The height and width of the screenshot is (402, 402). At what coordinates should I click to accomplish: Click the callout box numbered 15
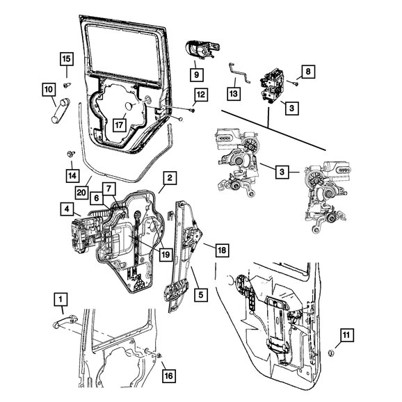[67, 59]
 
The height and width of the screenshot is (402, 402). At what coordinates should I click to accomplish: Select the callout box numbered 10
[49, 90]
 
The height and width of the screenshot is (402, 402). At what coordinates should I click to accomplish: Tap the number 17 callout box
[119, 125]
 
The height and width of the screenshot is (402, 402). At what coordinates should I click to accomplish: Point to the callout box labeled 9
[197, 75]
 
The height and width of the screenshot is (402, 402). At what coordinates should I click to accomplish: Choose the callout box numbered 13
[234, 94]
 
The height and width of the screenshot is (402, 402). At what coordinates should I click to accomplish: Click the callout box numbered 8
[308, 72]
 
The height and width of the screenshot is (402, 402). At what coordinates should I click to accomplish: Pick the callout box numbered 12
[201, 95]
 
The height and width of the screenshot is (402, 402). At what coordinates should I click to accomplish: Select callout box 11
[346, 335]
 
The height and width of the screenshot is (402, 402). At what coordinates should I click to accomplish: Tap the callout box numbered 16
[169, 376]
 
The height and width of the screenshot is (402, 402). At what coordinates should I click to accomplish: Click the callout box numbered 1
[61, 299]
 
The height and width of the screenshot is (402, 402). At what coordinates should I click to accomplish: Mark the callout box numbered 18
[222, 250]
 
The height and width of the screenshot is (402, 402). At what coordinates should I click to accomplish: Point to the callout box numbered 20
[81, 192]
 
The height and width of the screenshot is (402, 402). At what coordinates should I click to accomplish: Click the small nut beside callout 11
[331, 353]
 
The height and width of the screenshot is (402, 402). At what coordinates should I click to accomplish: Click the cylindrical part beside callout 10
[61, 111]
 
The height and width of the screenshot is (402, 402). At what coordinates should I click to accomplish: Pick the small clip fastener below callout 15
[67, 85]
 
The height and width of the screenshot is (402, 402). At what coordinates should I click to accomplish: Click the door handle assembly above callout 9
[202, 50]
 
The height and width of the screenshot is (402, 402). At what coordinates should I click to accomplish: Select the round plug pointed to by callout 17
[130, 106]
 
